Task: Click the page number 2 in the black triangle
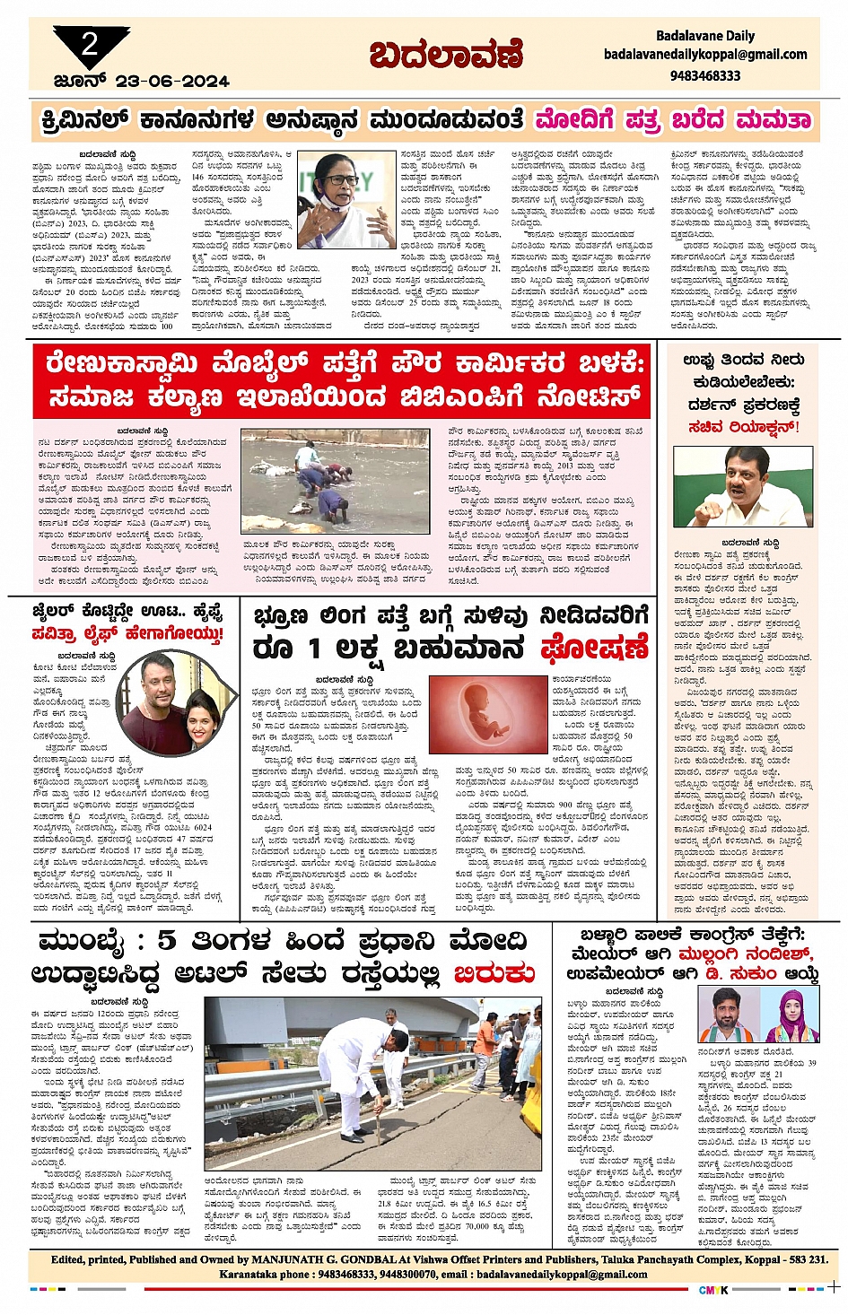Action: pyautogui.click(x=89, y=44)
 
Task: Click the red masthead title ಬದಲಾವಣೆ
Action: pyautogui.click(x=446, y=56)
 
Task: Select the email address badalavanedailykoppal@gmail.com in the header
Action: pyautogui.click(x=705, y=55)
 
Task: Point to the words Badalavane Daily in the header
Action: pyautogui.click(x=705, y=36)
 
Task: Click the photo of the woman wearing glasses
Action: pyautogui.click(x=346, y=199)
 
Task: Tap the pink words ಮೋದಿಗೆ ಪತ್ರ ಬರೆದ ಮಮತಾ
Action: pyautogui.click(x=673, y=120)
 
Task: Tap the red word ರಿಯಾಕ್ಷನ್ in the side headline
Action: pyautogui.click(x=763, y=427)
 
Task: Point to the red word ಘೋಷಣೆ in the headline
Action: pyautogui.click(x=594, y=648)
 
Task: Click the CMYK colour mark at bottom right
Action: pyautogui.click(x=713, y=1290)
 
